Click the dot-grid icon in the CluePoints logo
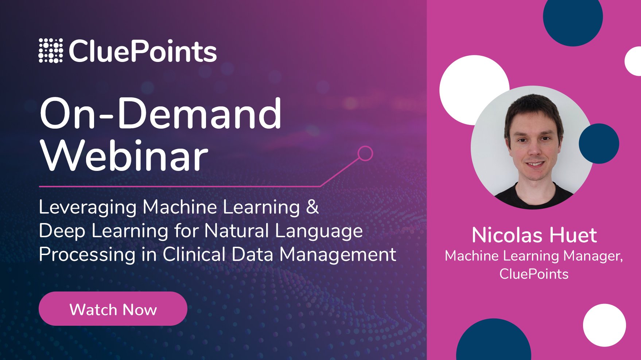click(51, 51)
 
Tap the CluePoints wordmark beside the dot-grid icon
click(143, 51)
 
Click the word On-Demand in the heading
click(160, 114)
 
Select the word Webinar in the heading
click(124, 156)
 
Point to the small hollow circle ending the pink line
click(365, 153)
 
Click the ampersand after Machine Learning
click(312, 207)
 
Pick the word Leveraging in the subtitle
click(88, 207)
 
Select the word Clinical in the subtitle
click(194, 254)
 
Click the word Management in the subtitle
click(338, 254)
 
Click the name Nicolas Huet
click(534, 235)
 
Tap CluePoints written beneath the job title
click(534, 274)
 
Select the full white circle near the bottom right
click(604, 325)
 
